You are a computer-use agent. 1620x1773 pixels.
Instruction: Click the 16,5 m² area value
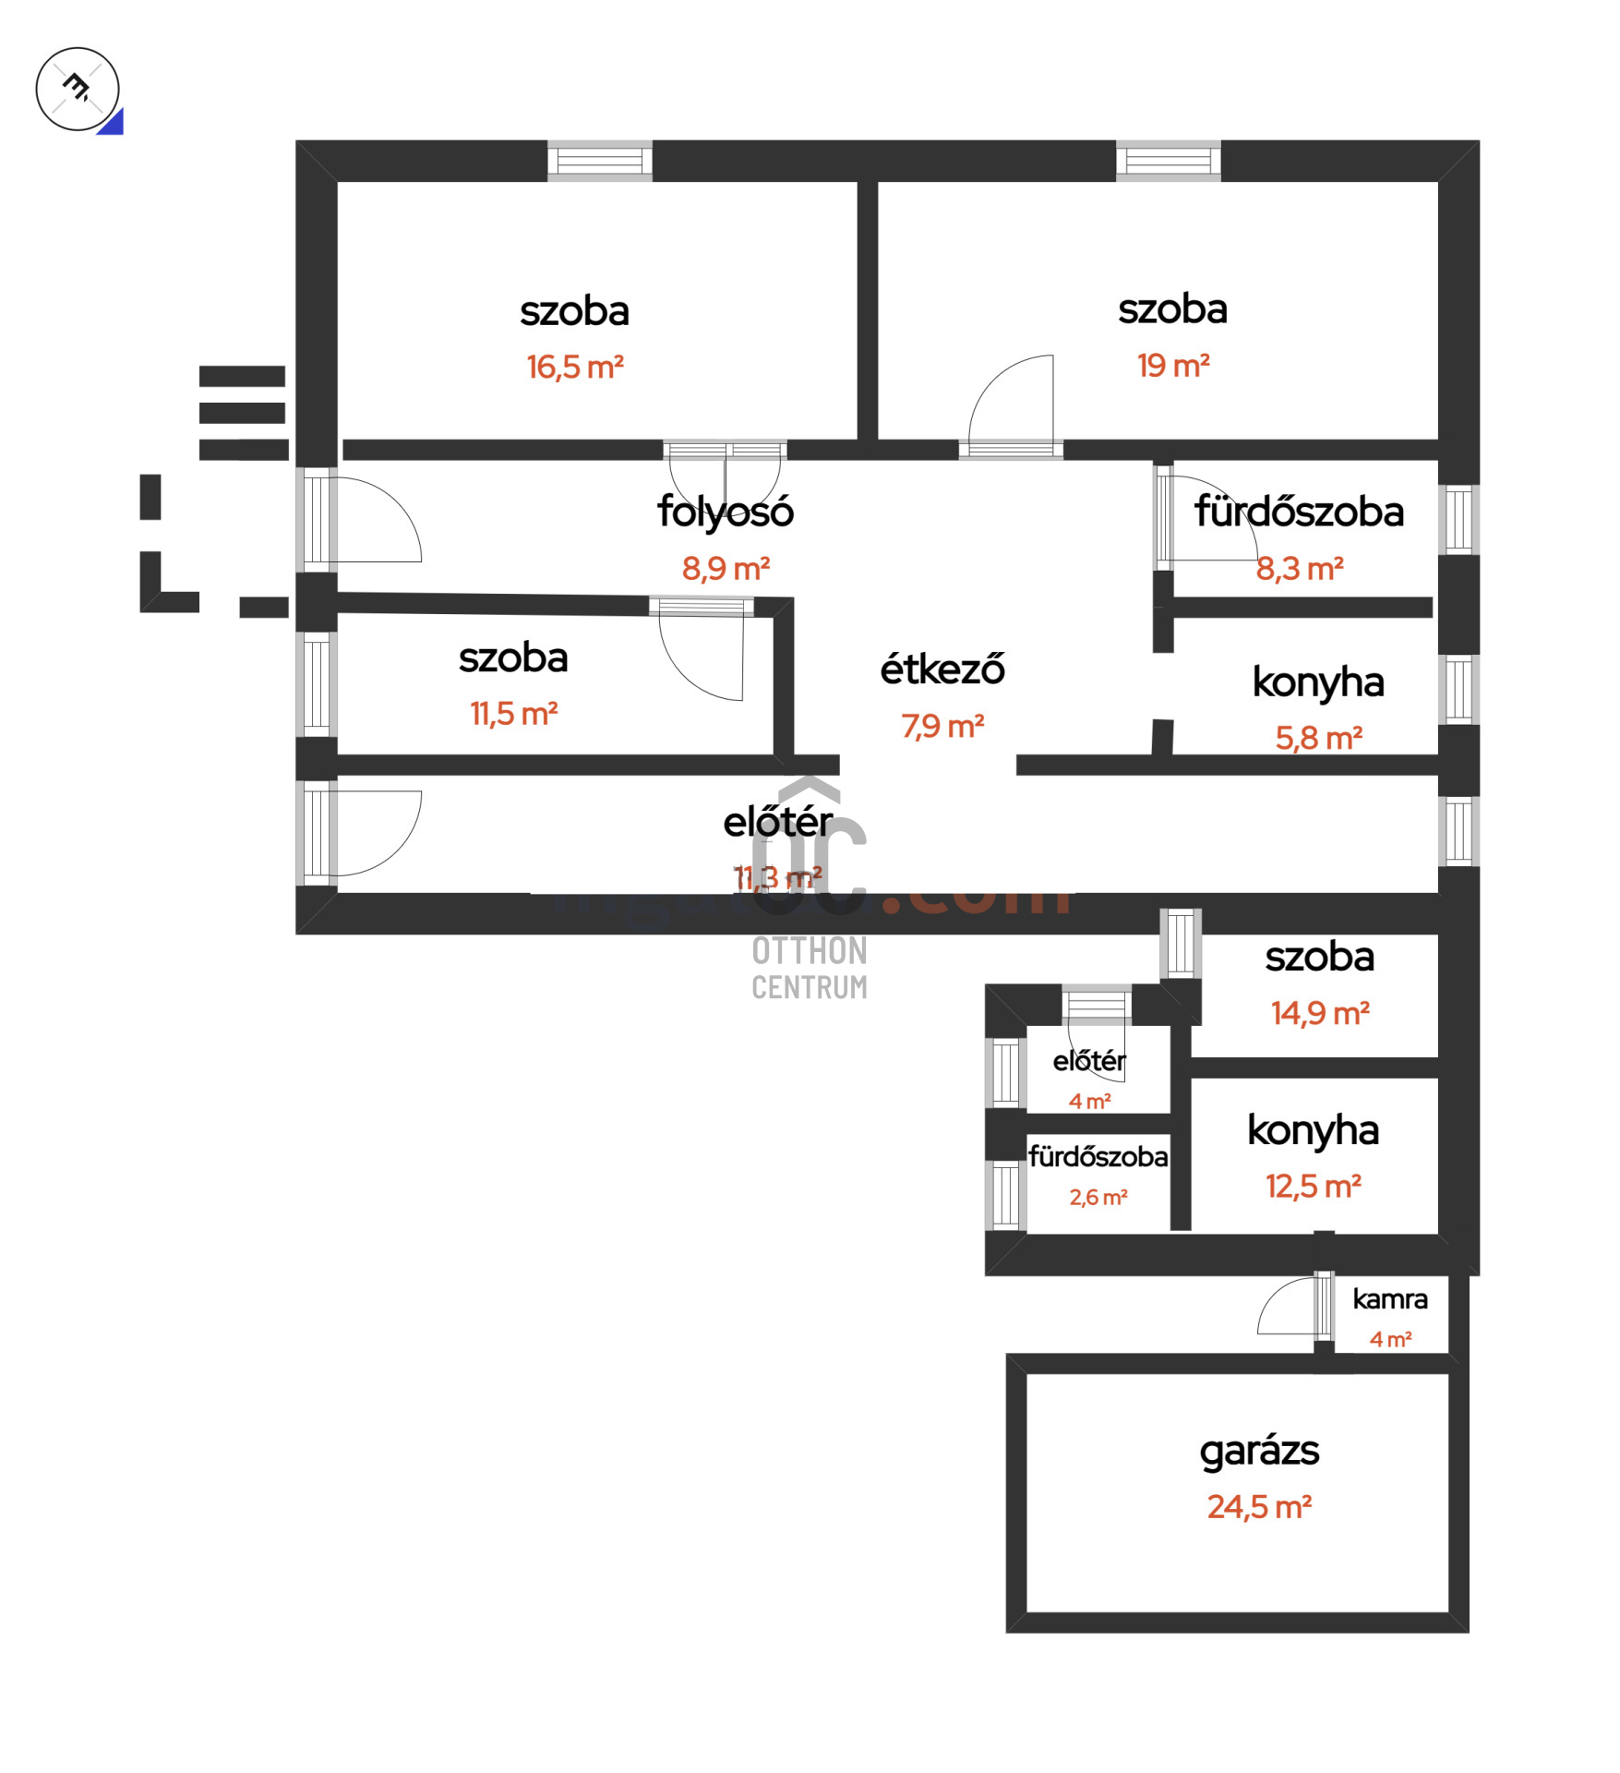[575, 368]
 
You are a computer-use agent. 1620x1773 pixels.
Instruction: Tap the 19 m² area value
[1172, 366]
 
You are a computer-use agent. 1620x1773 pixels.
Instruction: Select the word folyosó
[725, 511]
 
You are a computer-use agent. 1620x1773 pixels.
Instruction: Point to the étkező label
[942, 669]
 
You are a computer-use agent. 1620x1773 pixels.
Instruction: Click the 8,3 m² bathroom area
[1299, 569]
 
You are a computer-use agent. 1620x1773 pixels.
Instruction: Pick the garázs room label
[1259, 1451]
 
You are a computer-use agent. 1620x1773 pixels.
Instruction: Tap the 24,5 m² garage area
[1259, 1507]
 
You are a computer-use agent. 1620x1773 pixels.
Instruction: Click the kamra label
[1389, 1299]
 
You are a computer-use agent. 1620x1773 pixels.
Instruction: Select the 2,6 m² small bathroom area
[1098, 1198]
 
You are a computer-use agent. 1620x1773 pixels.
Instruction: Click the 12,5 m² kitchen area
[1313, 1187]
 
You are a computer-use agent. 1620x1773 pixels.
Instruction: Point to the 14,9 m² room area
[1319, 1014]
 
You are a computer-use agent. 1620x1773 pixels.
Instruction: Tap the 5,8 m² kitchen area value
[1318, 738]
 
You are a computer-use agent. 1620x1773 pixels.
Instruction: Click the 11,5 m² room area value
[513, 714]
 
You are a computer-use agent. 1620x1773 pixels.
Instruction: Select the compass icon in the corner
[78, 89]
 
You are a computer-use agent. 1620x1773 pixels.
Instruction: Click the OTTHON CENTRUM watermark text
[810, 969]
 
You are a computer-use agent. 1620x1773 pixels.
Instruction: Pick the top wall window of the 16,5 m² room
[600, 161]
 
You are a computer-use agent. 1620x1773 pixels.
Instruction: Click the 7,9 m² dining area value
[942, 727]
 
